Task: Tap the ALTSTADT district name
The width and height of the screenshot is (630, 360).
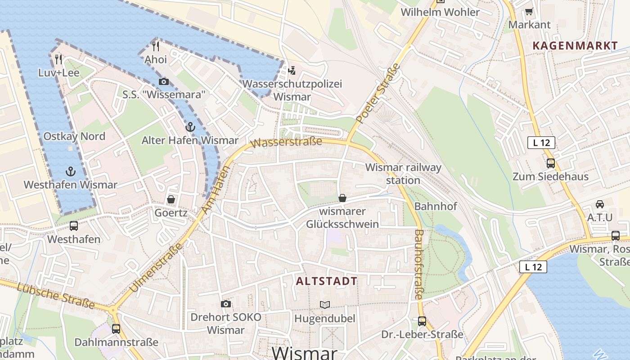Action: coord(327,281)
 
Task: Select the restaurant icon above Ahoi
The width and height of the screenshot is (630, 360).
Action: coord(156,46)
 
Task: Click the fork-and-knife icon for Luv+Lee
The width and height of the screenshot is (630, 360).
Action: coord(58,59)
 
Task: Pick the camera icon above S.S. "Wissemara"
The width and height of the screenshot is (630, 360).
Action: coord(164,81)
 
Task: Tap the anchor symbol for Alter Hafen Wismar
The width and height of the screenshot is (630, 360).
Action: coord(190,127)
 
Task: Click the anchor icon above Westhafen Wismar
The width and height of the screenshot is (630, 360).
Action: coord(70,171)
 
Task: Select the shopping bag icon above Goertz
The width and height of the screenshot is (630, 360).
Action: coord(171,199)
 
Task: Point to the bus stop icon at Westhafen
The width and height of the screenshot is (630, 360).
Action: coord(74,226)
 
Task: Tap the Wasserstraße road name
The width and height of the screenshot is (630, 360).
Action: coord(287,142)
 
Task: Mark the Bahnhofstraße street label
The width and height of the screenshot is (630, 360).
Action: coord(418,264)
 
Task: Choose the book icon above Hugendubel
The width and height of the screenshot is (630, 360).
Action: coord(325,305)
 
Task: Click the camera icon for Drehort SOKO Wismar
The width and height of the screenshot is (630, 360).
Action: coord(226,304)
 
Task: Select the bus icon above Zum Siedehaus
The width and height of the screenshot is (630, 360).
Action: coord(550,163)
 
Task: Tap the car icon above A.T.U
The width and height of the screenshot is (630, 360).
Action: coord(599,204)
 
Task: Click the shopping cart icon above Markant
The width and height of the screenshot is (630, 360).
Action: coord(529,11)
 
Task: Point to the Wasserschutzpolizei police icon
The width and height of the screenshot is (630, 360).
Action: coord(292,70)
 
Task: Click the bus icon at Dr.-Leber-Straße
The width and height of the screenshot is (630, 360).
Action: coord(422,321)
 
